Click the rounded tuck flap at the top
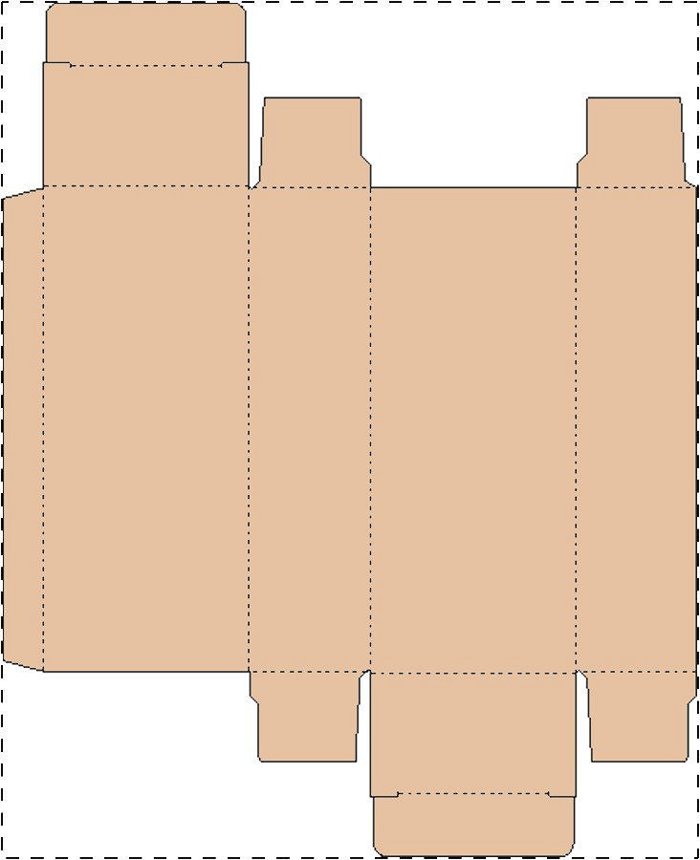point(145,34)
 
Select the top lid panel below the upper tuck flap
point(145,125)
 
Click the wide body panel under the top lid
point(145,430)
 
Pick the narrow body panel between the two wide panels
point(310,430)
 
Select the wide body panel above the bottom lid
point(473,430)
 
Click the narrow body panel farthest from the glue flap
point(636,430)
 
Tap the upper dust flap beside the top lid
point(312,143)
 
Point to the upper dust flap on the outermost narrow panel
point(634,143)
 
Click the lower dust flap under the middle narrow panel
point(308,717)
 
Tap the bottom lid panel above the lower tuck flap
point(473,732)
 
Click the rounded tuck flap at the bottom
point(473,825)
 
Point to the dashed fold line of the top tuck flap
point(145,66)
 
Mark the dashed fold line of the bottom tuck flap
point(473,793)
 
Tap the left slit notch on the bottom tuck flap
point(385,794)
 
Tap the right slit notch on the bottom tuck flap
point(561,794)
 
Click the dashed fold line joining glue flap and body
point(43,430)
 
